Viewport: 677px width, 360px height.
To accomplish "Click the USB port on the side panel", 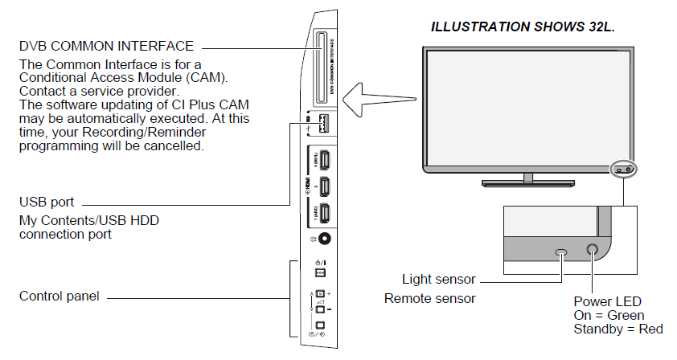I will click(x=322, y=125).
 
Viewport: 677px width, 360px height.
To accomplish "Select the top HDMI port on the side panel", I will click(x=322, y=162).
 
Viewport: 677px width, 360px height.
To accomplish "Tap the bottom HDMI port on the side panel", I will click(x=322, y=215).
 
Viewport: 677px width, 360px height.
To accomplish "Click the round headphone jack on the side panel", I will click(x=325, y=239).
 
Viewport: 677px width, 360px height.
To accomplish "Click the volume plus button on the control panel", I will click(x=319, y=294).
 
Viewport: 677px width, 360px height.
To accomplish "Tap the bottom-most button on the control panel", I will click(x=319, y=326).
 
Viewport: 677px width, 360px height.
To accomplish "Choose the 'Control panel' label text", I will click(x=59, y=297).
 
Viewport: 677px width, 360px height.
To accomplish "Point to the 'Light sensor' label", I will click(x=438, y=280).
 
